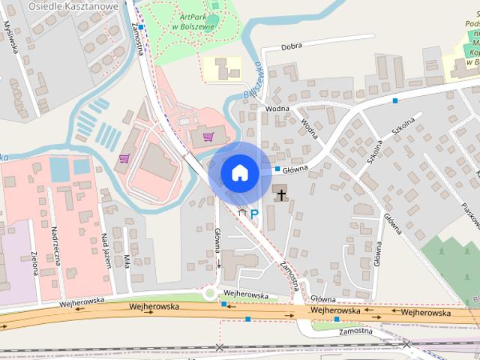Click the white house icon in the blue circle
(239, 172)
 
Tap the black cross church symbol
(281, 195)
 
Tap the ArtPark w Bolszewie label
(193, 21)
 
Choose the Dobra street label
(292, 46)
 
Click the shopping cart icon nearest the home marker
(208, 136)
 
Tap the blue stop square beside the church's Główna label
(277, 169)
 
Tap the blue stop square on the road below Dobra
(394, 100)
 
